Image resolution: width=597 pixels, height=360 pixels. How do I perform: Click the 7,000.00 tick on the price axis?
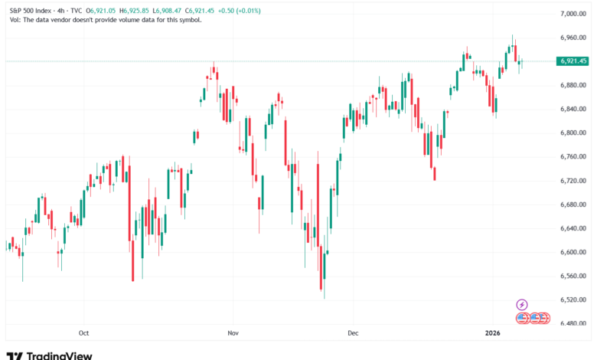point(573,14)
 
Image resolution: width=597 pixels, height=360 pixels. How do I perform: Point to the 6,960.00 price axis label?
point(573,38)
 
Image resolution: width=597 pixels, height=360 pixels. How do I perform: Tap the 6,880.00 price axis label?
point(573,85)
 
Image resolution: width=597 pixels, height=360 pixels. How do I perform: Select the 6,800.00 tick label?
point(573,133)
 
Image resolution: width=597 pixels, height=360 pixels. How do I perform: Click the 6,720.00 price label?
point(573,181)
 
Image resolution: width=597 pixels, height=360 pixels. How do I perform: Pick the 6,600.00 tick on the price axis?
point(573,252)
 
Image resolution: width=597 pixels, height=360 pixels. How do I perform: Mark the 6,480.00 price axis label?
point(573,323)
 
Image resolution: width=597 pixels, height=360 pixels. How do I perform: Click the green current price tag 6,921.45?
point(573,61)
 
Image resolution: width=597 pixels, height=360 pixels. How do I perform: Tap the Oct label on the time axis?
point(84,333)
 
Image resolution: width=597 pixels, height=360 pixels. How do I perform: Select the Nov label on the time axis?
point(233,333)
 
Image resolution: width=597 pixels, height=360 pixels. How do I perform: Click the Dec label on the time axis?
point(352,333)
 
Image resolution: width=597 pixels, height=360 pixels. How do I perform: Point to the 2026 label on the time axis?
point(493,333)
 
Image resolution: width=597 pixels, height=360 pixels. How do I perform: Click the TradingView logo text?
point(60,355)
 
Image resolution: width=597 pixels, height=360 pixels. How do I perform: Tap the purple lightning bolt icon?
point(522,305)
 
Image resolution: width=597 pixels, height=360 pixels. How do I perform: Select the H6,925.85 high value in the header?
point(130,8)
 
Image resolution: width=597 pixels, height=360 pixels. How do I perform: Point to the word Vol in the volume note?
point(15,19)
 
